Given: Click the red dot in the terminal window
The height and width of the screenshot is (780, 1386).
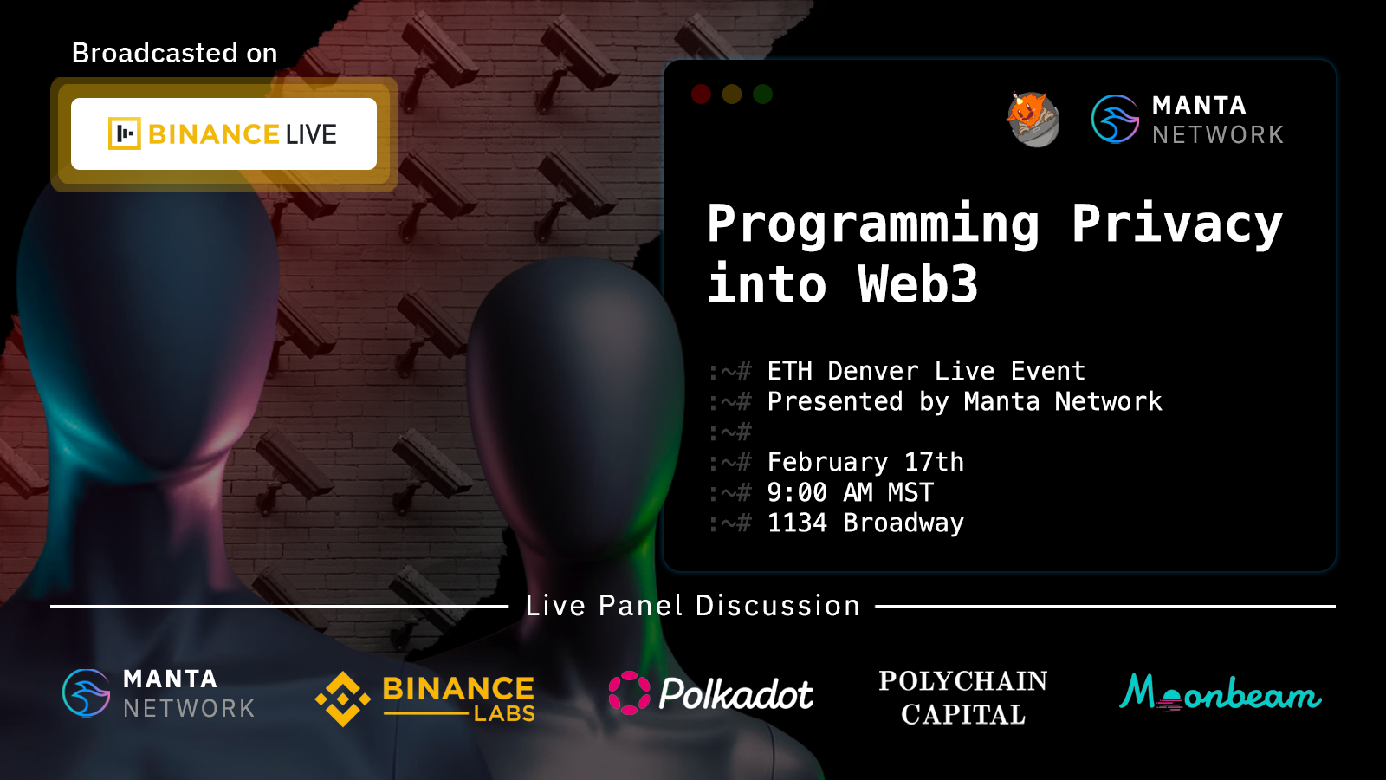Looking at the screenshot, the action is [701, 94].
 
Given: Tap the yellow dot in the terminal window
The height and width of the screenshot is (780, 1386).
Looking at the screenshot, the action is [732, 94].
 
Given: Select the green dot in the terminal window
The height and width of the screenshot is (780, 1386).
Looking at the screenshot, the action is [763, 94].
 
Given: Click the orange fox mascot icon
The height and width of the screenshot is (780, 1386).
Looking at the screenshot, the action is [1033, 120].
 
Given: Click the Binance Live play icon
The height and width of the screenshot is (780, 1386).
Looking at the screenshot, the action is [125, 133].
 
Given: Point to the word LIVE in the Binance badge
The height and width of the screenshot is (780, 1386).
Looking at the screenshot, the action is [311, 134].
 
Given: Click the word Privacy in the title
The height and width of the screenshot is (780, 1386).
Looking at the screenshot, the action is [1177, 224].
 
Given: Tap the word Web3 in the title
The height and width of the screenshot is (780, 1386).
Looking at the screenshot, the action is [917, 283].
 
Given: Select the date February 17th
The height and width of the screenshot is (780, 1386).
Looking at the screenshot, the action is [865, 463].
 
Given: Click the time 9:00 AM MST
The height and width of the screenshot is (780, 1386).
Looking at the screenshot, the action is [850, 493].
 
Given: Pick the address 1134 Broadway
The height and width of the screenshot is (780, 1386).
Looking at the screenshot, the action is [865, 523].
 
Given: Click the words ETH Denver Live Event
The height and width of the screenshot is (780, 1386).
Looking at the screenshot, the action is [926, 372].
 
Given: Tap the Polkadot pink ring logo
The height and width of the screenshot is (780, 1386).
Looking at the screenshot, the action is [629, 692].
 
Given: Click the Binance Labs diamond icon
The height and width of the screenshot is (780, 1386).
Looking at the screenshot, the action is [343, 699].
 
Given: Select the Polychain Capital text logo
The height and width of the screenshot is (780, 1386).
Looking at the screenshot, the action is [963, 698].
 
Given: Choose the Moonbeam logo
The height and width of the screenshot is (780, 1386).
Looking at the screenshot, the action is [1221, 693].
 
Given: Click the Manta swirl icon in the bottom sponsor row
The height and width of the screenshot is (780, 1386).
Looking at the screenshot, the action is [87, 693].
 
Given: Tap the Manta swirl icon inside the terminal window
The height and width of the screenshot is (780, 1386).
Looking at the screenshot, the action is [1115, 120].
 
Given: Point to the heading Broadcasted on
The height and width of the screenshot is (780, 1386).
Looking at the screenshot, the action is [174, 53].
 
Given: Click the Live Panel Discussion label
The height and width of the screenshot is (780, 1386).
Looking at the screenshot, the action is [692, 606].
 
